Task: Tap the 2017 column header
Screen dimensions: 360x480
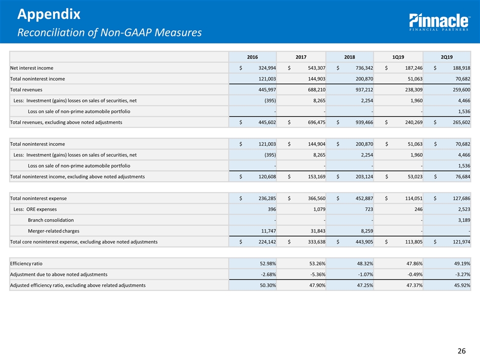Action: [x=301, y=57]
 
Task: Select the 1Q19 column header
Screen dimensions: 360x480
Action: [x=398, y=57]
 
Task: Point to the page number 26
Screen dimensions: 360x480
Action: [x=462, y=351]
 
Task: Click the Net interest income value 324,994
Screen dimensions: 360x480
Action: [x=263, y=68]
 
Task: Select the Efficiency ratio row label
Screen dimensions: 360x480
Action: [x=29, y=263]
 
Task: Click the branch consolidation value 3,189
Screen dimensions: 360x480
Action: [x=461, y=220]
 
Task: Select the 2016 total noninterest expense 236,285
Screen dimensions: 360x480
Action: [x=263, y=198]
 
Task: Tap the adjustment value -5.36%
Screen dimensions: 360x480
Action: [x=312, y=274]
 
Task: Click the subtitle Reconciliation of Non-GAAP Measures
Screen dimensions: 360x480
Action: [x=109, y=33]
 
